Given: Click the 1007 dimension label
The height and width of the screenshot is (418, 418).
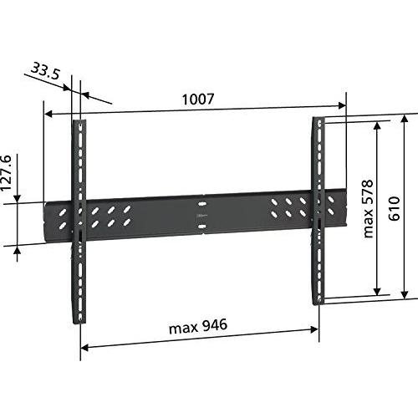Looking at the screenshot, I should pos(197,99).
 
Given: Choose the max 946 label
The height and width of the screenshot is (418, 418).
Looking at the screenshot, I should pos(197,324).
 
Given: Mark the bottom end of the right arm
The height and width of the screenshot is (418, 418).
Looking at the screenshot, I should pos(319,301).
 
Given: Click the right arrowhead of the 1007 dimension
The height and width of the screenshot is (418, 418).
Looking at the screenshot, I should pos(343,105).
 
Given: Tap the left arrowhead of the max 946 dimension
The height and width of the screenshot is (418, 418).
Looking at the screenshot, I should pos(84,346).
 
